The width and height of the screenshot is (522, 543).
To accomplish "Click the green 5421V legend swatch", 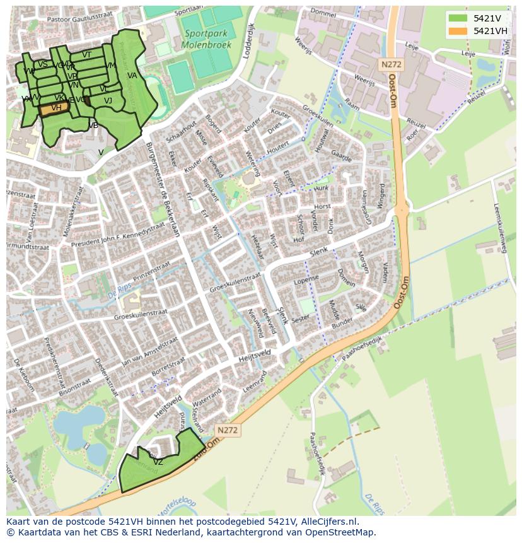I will click(458, 18).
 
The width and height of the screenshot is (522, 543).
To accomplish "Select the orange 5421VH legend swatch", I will click(458, 31).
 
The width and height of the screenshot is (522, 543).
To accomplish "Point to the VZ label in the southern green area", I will click(158, 462).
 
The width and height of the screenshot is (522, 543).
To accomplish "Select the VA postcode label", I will click(132, 76).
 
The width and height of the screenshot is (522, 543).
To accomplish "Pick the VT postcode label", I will click(87, 55).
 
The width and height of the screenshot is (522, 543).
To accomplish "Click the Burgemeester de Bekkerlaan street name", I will click(163, 189).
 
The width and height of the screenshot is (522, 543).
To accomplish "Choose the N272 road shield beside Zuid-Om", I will click(227, 429).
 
